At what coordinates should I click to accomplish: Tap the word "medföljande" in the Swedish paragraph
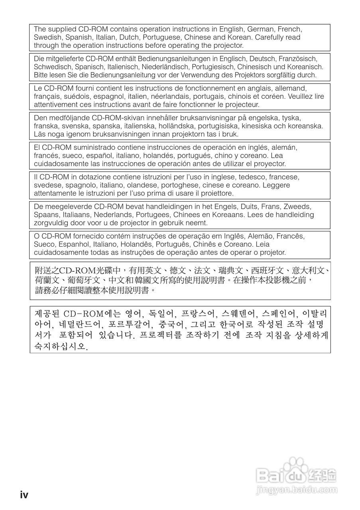(70, 118)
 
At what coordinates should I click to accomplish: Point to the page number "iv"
(24, 494)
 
